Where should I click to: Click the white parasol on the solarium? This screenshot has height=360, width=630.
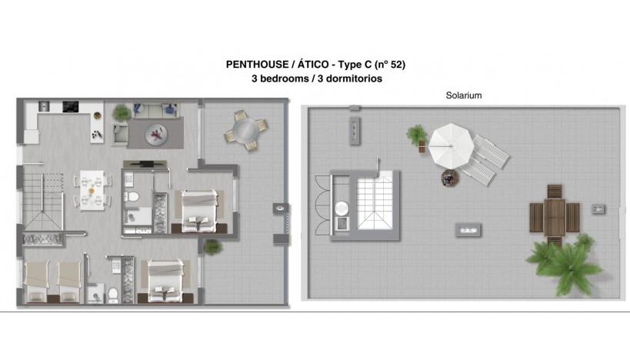pyautogui.click(x=448, y=146)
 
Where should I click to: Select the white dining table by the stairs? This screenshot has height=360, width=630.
pyautogui.click(x=92, y=188)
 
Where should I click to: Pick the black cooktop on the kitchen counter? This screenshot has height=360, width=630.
pyautogui.click(x=70, y=107)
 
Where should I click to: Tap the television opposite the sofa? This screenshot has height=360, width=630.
pyautogui.click(x=144, y=163)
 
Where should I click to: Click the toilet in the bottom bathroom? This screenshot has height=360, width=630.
pyautogui.click(x=113, y=293)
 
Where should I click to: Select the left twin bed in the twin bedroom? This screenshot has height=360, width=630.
pyautogui.click(x=38, y=282)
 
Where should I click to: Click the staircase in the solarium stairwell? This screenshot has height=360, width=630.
pyautogui.click(x=375, y=200)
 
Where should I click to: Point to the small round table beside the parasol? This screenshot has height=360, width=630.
pyautogui.click(x=449, y=178)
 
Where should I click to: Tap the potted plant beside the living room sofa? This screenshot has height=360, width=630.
pyautogui.click(x=122, y=114)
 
